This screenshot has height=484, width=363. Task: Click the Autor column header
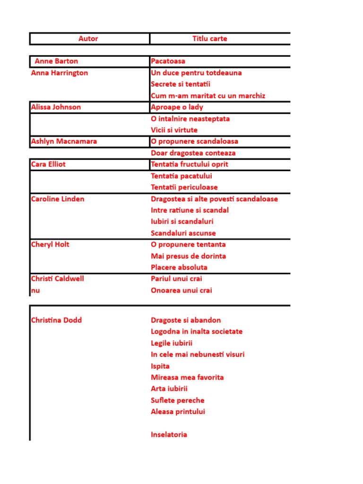[x=88, y=39]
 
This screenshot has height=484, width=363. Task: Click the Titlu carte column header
[x=209, y=39]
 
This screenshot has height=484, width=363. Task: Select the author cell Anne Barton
[x=56, y=61]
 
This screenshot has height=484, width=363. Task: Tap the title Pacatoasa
[x=168, y=61]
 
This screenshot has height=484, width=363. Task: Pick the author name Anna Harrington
[x=60, y=73]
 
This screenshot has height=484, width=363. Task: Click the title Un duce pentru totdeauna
[x=196, y=73]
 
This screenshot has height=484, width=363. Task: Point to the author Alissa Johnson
[x=56, y=107]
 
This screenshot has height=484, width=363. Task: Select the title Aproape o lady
[x=177, y=107]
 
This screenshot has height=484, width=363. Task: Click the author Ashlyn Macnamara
[x=64, y=141]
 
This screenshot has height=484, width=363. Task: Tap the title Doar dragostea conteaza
[x=193, y=153]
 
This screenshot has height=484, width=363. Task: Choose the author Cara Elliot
[x=48, y=164]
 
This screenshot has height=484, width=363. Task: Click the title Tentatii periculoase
[x=184, y=187]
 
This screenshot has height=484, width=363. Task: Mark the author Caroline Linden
[x=58, y=199]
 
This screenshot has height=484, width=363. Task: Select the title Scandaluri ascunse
[x=183, y=233]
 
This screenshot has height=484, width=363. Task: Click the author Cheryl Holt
[x=50, y=244]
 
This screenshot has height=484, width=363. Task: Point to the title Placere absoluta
[x=179, y=267]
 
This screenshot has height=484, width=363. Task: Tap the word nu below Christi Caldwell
[x=35, y=290]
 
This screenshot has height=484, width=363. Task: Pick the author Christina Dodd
[x=56, y=320]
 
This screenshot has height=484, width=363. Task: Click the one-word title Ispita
[x=160, y=366]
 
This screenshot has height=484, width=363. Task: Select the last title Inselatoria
[x=169, y=434]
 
